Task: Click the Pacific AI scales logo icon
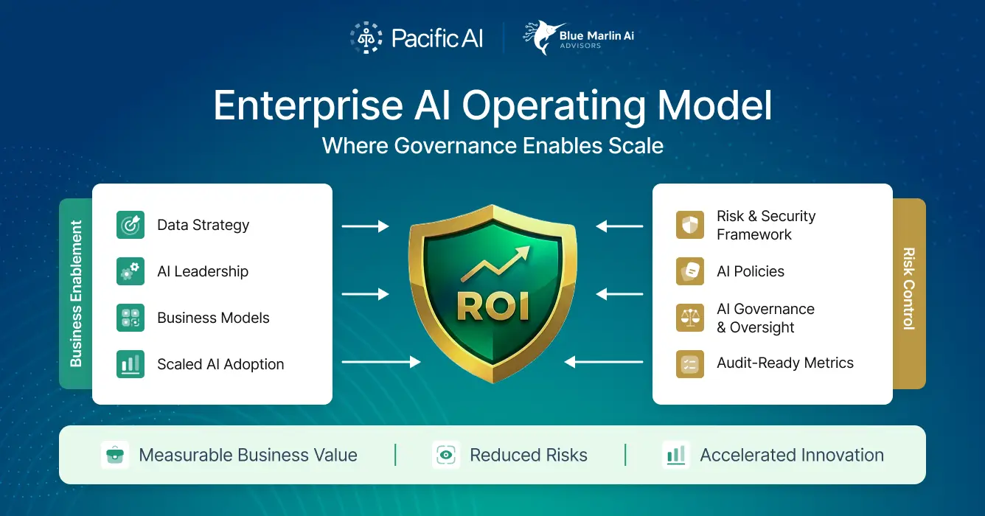366,38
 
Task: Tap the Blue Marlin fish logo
544,38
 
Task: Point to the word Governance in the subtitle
455,145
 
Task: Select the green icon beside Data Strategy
130,225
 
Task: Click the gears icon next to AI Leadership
130,271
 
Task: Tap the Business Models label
213,318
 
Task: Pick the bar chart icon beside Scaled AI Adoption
130,364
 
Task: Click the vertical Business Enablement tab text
76,293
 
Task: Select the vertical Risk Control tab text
909,289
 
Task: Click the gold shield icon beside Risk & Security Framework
690,225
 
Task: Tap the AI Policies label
751,271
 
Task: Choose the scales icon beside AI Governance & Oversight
690,318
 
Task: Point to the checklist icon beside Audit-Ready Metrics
690,364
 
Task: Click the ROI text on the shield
493,307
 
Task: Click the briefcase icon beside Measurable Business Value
115,455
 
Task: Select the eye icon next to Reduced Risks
446,455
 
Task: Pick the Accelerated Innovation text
792,456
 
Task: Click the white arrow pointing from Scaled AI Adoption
381,362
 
